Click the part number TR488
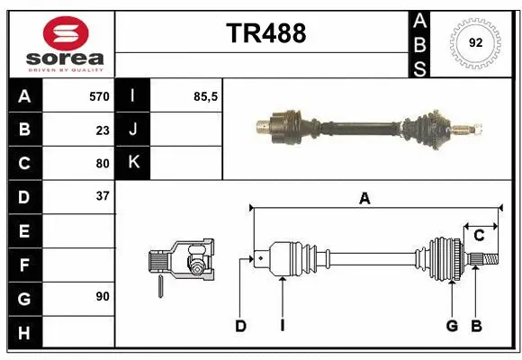click(265, 33)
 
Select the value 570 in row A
click(98, 96)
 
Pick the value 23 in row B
click(102, 130)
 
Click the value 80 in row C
click(102, 164)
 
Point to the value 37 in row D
click(102, 196)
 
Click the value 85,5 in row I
click(206, 96)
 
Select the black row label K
click(133, 163)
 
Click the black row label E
click(24, 230)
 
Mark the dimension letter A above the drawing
click(364, 199)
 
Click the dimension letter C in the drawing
click(479, 236)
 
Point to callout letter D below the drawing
click(240, 326)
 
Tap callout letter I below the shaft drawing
click(282, 326)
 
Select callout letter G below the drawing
click(452, 326)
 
